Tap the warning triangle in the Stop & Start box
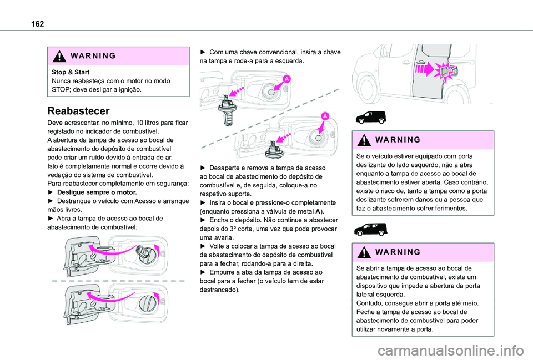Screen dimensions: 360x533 pos(57,57)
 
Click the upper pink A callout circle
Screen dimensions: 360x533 pos(286,80)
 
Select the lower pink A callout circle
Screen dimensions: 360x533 pos(324,115)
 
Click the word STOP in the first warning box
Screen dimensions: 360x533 pos(59,89)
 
